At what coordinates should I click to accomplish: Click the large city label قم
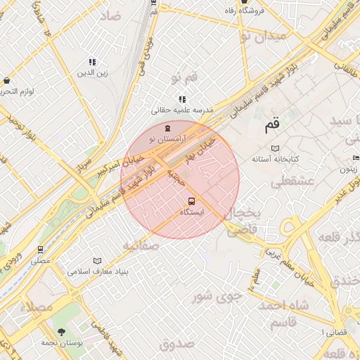click(271, 126)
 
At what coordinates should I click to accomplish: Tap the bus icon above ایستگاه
click(192, 201)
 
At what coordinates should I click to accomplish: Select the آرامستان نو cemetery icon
click(167, 129)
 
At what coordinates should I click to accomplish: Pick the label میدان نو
click(263, 34)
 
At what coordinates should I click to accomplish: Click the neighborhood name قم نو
click(185, 75)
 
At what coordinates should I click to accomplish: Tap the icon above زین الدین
click(91, 62)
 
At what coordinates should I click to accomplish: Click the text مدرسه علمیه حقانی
click(182, 110)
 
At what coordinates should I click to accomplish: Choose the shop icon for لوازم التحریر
click(7, 81)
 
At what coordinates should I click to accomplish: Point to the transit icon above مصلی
click(40, 250)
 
